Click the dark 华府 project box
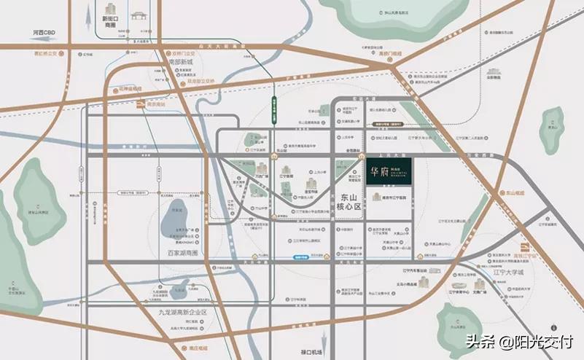pos(389,174)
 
